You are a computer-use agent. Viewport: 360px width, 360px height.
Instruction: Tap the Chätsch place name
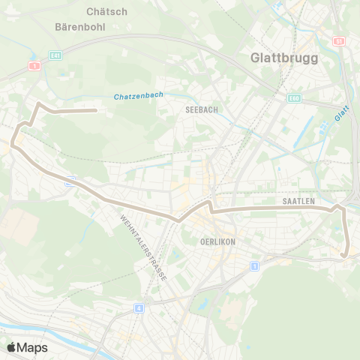107,11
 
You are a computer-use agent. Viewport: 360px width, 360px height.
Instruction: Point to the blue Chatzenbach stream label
139,97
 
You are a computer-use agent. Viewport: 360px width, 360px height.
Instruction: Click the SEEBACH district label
201,109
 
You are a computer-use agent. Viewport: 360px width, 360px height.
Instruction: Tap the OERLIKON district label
219,242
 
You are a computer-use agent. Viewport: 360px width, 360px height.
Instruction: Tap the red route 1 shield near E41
34,67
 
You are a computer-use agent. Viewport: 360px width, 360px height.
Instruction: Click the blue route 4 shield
139,307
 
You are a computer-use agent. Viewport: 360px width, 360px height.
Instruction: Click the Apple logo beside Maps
11,347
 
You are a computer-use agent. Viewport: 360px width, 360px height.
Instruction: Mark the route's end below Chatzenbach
96,111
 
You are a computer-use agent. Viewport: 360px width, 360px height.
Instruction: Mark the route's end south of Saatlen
344,255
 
